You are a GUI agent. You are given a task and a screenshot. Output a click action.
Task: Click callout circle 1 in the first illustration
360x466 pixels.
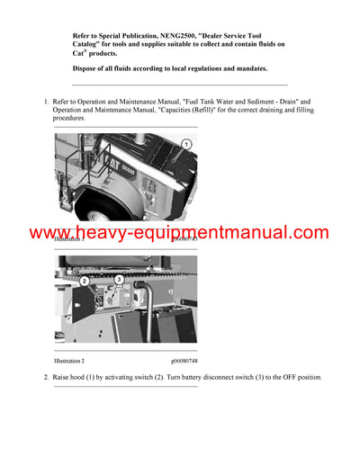coord(185,144)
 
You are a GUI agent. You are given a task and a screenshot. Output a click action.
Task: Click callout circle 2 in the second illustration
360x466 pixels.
coord(85,280)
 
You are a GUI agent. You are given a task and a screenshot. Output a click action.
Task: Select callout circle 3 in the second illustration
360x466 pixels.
coord(119,280)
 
